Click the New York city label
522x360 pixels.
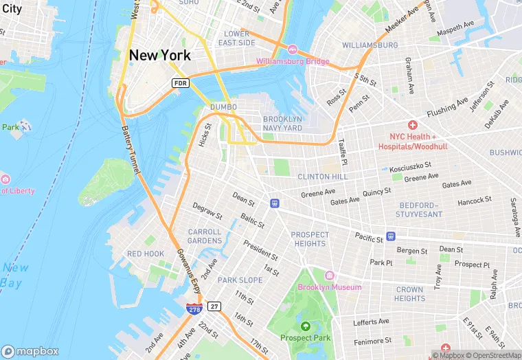click(x=160, y=55)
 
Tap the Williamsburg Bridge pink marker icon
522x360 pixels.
click(x=293, y=50)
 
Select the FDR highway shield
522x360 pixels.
click(x=180, y=82)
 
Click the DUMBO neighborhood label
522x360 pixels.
click(x=223, y=107)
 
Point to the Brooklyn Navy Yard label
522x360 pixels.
click(x=282, y=123)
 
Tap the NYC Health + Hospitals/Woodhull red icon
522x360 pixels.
click(x=413, y=125)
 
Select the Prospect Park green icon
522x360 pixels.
click(x=305, y=326)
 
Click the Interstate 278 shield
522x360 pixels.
click(x=194, y=310)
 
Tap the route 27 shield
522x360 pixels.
click(x=214, y=306)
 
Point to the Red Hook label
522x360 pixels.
click(x=146, y=254)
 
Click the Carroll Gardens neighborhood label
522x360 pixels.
click(x=205, y=236)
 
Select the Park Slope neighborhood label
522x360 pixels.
click(x=240, y=280)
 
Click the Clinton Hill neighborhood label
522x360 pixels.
click(x=323, y=177)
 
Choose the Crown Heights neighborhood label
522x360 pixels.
click(x=409, y=294)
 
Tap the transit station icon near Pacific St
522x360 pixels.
click(x=390, y=236)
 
